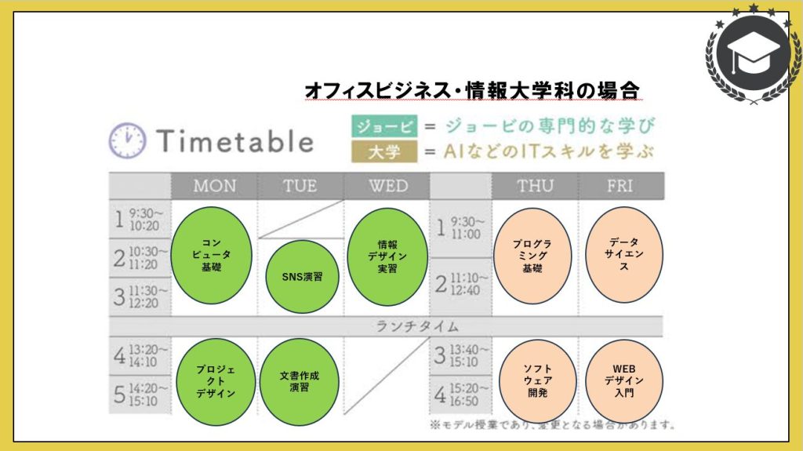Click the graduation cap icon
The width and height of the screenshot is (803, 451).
753,53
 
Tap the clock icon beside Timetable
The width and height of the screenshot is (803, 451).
128,140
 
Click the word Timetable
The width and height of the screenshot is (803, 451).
235,141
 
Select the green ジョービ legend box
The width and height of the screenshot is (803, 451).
384,126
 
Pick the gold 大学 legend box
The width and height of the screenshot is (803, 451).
384,151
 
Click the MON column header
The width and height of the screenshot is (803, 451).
215,186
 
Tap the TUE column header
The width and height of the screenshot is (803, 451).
300,186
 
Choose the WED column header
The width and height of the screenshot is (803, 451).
387,186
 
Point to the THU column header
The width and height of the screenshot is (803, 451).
535,186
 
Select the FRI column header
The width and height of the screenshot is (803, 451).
620,186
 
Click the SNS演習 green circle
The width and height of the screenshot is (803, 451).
302,277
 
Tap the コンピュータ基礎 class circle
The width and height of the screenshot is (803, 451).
211,255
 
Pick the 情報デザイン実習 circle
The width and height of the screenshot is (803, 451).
387,256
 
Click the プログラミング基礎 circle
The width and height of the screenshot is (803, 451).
532,256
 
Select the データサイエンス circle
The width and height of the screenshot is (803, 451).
624,255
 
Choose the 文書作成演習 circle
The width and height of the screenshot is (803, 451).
300,382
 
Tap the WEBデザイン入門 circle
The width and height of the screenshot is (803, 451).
624,380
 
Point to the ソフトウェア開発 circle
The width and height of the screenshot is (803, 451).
538,380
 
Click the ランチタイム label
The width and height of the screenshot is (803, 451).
417,326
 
